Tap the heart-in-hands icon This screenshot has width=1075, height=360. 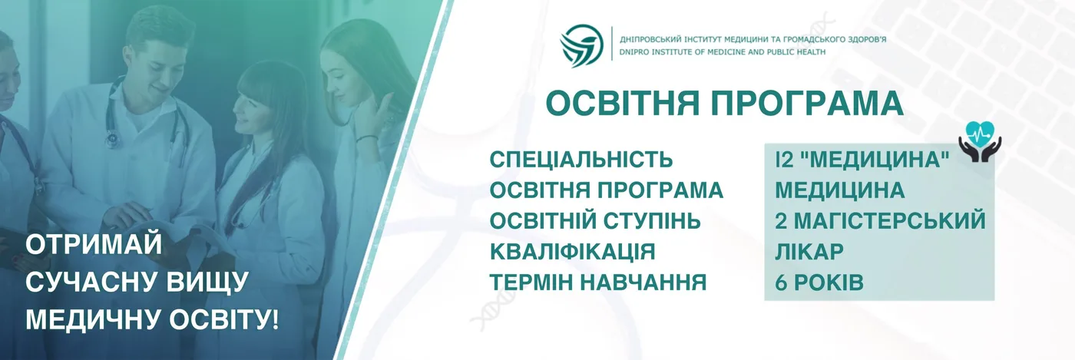tap(979, 141)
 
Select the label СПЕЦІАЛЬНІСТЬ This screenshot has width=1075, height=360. tap(581, 160)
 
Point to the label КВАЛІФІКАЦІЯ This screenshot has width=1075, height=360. tap(573, 252)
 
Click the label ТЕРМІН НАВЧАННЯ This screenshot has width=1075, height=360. tap(598, 282)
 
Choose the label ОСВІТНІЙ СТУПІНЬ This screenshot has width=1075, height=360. tap(595, 221)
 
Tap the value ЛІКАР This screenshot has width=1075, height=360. tap(809, 252)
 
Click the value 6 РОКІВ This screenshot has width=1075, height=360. tap(819, 282)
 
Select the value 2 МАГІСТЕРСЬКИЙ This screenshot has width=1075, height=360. tap(880, 221)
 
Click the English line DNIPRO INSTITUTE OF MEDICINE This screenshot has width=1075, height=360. tap(723, 52)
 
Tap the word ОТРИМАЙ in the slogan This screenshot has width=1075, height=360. tap(94, 246)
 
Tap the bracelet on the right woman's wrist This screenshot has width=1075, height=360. tap(366, 137)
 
